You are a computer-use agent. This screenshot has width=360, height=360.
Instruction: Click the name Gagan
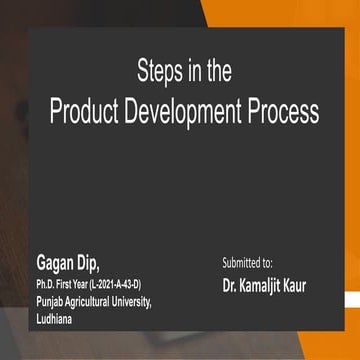tap(53, 264)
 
